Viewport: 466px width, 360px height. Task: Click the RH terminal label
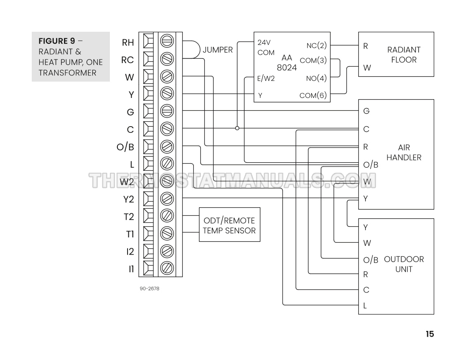128,43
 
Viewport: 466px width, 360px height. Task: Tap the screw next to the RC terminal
167,58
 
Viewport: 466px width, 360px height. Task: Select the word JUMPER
218,50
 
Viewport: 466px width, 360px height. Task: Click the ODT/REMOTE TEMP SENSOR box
229,225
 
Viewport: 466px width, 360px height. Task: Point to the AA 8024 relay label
287,63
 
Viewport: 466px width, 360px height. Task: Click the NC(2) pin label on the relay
316,45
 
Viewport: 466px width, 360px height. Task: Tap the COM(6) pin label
313,95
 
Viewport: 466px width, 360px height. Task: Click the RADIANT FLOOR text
404,55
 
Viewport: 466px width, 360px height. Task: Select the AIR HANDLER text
404,153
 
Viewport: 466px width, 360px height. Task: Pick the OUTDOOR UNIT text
404,264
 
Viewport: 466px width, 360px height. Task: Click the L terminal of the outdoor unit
365,305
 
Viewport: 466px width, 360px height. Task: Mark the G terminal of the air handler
366,111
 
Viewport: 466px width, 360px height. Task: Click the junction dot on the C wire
237,128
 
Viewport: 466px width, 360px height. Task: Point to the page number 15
430,334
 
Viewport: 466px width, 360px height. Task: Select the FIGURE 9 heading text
56,41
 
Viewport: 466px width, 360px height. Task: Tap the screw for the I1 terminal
167,268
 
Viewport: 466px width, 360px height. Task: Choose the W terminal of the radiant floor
366,68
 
